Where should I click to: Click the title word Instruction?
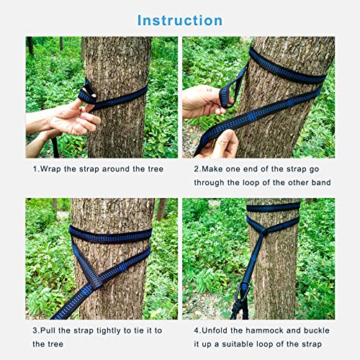(x=179, y=19)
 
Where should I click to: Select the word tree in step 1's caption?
(x=151, y=168)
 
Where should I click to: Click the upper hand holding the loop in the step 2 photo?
(x=205, y=101)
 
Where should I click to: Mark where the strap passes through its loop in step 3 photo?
(x=91, y=277)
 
